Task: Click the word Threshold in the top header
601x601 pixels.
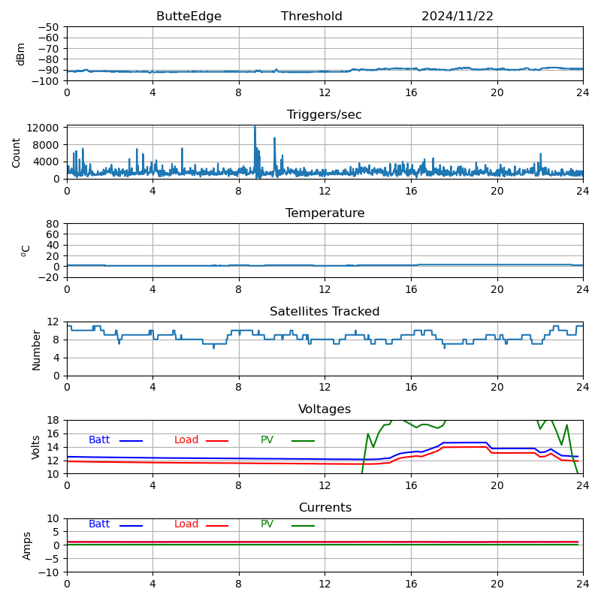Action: pos(312,17)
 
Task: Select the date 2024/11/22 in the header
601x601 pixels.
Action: pos(458,17)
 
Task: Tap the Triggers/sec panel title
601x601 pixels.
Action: pos(325,115)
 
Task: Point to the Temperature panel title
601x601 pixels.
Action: pos(325,213)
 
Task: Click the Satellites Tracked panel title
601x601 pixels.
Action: pos(325,312)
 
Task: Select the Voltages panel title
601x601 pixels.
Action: pos(325,409)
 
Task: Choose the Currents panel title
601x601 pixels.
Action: pos(325,508)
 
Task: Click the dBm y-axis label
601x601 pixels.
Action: pos(21,53)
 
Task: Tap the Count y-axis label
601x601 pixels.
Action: pos(17,152)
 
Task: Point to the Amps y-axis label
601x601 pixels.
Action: pos(27,545)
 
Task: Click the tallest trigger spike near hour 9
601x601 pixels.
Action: pos(255,128)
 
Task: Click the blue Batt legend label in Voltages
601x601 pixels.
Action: pos(99,440)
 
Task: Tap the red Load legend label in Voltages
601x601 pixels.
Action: pos(186,440)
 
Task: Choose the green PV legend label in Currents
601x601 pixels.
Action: pos(267,524)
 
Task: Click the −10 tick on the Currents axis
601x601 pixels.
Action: pos(49,572)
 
